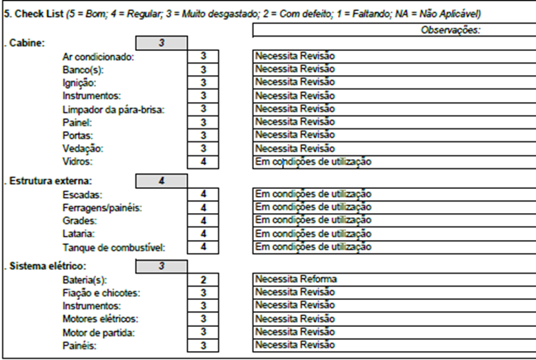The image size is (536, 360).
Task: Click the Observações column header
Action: point(450,30)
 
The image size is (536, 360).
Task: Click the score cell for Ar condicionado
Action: point(203,57)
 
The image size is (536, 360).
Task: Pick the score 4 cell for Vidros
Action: point(203,162)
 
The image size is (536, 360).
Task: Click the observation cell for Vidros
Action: point(393,162)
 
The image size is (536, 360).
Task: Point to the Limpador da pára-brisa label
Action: point(113,109)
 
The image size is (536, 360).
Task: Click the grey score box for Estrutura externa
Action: point(161,181)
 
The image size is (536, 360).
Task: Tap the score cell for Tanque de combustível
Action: point(203,247)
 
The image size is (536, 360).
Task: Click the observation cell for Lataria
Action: point(393,234)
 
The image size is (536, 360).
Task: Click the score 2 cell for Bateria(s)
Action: point(203,279)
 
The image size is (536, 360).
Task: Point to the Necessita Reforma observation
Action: point(296,279)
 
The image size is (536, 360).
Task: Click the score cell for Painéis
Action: point(203,345)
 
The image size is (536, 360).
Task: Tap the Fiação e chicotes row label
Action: point(101,292)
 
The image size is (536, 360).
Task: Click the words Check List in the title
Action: point(37,14)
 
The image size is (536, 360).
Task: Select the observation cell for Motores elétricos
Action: point(393,319)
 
